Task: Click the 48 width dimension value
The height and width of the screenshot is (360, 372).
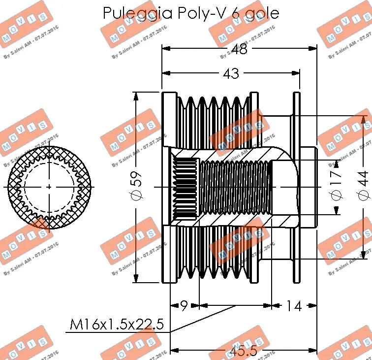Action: coord(239,49)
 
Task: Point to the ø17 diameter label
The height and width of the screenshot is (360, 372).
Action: coord(336,187)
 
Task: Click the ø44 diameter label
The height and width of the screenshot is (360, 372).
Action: coord(363,187)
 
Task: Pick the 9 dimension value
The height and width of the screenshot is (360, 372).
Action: coord(184,306)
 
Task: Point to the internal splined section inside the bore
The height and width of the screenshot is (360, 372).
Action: coord(186,187)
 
